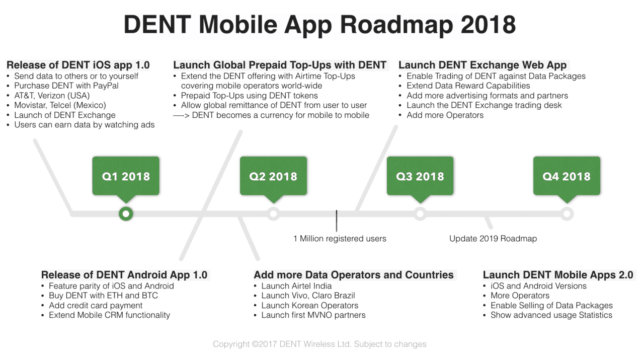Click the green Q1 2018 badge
pos(126,176)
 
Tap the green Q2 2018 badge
pos(273,176)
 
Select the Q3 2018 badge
pos(420,176)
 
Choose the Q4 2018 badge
pos(567,176)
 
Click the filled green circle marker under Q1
pos(126,214)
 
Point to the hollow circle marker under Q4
pos(567,214)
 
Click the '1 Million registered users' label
pos(340,239)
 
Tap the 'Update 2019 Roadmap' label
pos(493,239)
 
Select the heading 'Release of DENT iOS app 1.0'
pos(78,65)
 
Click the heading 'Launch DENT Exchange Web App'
pos(482,65)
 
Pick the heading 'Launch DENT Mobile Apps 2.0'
pos(558,275)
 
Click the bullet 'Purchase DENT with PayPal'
pos(66,86)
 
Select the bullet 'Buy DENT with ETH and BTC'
pos(103,296)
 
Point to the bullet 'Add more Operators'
pos(445,115)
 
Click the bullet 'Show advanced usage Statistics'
pos(551,315)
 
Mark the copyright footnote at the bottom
pos(319,344)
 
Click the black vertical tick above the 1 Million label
pos(337,221)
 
